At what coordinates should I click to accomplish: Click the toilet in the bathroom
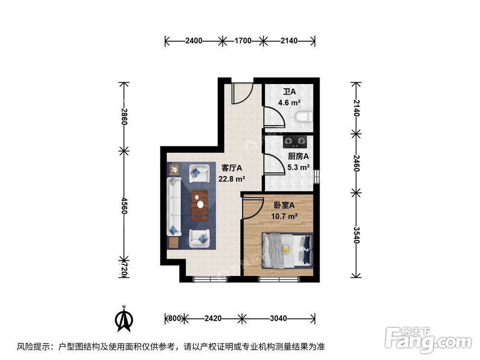click(x=304, y=117)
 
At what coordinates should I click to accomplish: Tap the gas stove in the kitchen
click(x=294, y=142)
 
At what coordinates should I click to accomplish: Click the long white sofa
click(x=173, y=207)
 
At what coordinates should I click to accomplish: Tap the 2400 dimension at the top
click(x=193, y=41)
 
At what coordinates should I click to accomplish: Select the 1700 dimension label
click(x=243, y=41)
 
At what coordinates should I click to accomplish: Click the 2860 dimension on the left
click(x=124, y=117)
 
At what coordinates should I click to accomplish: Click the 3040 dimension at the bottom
click(x=278, y=318)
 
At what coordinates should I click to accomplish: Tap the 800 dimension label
click(x=174, y=318)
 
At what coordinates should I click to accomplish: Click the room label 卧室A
click(x=284, y=205)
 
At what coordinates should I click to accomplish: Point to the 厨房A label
click(x=298, y=156)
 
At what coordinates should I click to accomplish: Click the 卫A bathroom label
click(x=289, y=92)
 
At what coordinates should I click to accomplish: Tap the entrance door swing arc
click(x=242, y=94)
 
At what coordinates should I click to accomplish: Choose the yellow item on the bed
click(x=286, y=249)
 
